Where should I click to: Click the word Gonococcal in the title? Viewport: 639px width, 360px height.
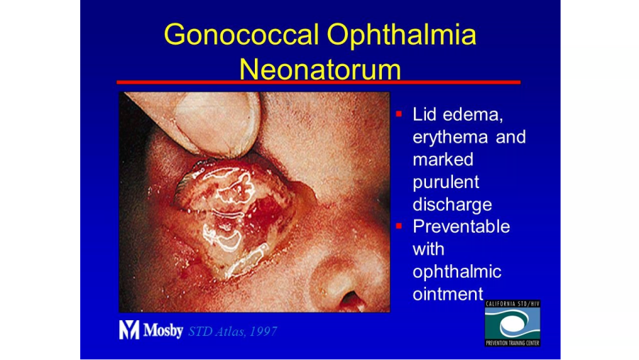pos(241,34)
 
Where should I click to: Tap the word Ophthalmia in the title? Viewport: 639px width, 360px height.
pos(401,34)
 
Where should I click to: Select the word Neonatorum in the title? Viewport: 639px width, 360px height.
pos(320,70)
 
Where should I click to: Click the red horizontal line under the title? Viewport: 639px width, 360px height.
pos(318,82)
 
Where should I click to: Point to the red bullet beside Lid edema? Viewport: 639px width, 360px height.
pos(399,114)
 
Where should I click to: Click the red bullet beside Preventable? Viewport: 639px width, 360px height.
pos(399,226)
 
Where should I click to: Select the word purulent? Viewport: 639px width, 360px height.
pos(446,182)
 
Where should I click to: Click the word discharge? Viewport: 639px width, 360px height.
pos(452,204)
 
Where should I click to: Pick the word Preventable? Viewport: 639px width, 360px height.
pos(461,227)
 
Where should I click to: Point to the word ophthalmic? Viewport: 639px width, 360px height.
pos(457,272)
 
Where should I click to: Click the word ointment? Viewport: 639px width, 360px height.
pos(447,294)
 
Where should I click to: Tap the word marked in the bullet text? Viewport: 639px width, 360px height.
pos(443,160)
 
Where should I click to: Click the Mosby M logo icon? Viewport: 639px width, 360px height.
pos(129,330)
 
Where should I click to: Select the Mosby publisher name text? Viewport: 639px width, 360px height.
pos(163,331)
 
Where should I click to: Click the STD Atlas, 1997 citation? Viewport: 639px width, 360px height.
pos(233,332)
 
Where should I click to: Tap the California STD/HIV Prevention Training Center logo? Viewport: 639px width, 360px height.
pos(512,324)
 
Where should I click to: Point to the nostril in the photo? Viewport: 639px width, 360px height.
pos(351,300)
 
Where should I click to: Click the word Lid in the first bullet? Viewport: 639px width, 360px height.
pos(425,114)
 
